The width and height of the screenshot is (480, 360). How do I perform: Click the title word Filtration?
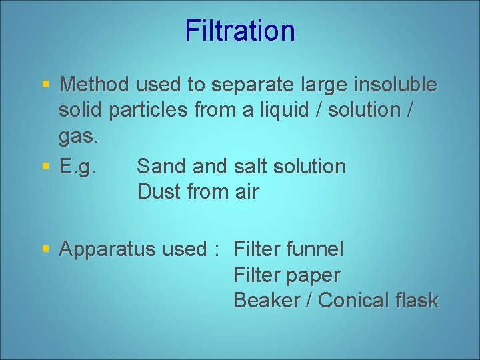(x=240, y=31)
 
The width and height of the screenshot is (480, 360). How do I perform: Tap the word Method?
(x=93, y=85)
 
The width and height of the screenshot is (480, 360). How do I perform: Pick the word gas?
(x=78, y=137)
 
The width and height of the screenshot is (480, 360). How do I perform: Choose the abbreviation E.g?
(x=78, y=167)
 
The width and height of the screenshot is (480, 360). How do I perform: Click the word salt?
(x=253, y=166)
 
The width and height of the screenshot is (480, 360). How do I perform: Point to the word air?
(x=246, y=192)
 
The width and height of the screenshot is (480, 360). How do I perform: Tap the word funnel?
(x=315, y=249)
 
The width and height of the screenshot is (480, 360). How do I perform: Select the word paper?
(x=313, y=275)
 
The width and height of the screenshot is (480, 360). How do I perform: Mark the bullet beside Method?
(x=46, y=85)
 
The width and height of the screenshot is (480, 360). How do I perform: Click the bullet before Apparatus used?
(x=46, y=249)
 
